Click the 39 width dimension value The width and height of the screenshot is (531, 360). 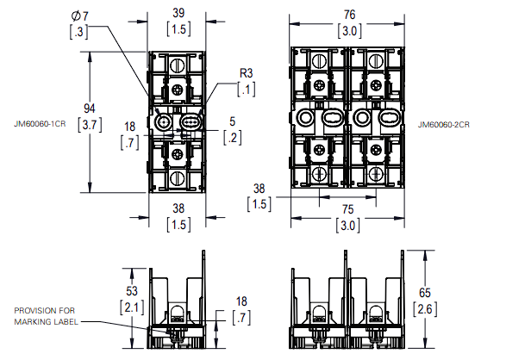click(x=178, y=13)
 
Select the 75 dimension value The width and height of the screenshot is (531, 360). click(x=347, y=208)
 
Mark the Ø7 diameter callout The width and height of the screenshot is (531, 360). click(x=78, y=17)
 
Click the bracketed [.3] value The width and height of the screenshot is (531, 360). click(x=78, y=33)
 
